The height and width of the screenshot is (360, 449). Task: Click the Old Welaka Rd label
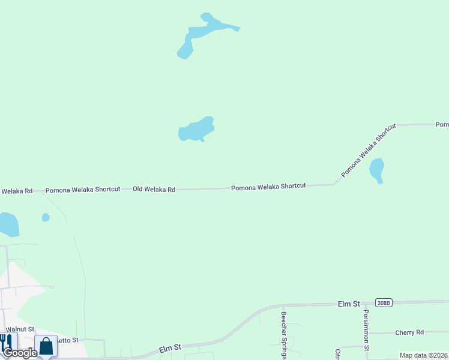154,189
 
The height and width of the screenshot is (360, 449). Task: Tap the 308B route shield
384,303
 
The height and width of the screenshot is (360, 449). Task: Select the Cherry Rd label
409,332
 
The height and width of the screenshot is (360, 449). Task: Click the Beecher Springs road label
284,334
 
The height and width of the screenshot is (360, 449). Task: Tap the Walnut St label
20,329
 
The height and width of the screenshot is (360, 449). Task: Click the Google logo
20,353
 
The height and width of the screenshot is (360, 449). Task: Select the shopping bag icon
46,346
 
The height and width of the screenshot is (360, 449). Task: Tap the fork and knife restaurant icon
7,343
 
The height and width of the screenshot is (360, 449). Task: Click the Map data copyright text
423,355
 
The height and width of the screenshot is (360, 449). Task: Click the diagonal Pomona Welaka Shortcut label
369,151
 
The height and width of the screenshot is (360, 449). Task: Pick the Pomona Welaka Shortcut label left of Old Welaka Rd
83,189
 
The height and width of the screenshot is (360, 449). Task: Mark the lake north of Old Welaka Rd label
196,129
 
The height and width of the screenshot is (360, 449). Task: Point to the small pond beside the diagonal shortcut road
376,169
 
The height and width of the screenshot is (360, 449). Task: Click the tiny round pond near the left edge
46,217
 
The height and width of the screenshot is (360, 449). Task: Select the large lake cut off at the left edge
8,224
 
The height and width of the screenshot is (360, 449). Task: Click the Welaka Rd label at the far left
16,191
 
